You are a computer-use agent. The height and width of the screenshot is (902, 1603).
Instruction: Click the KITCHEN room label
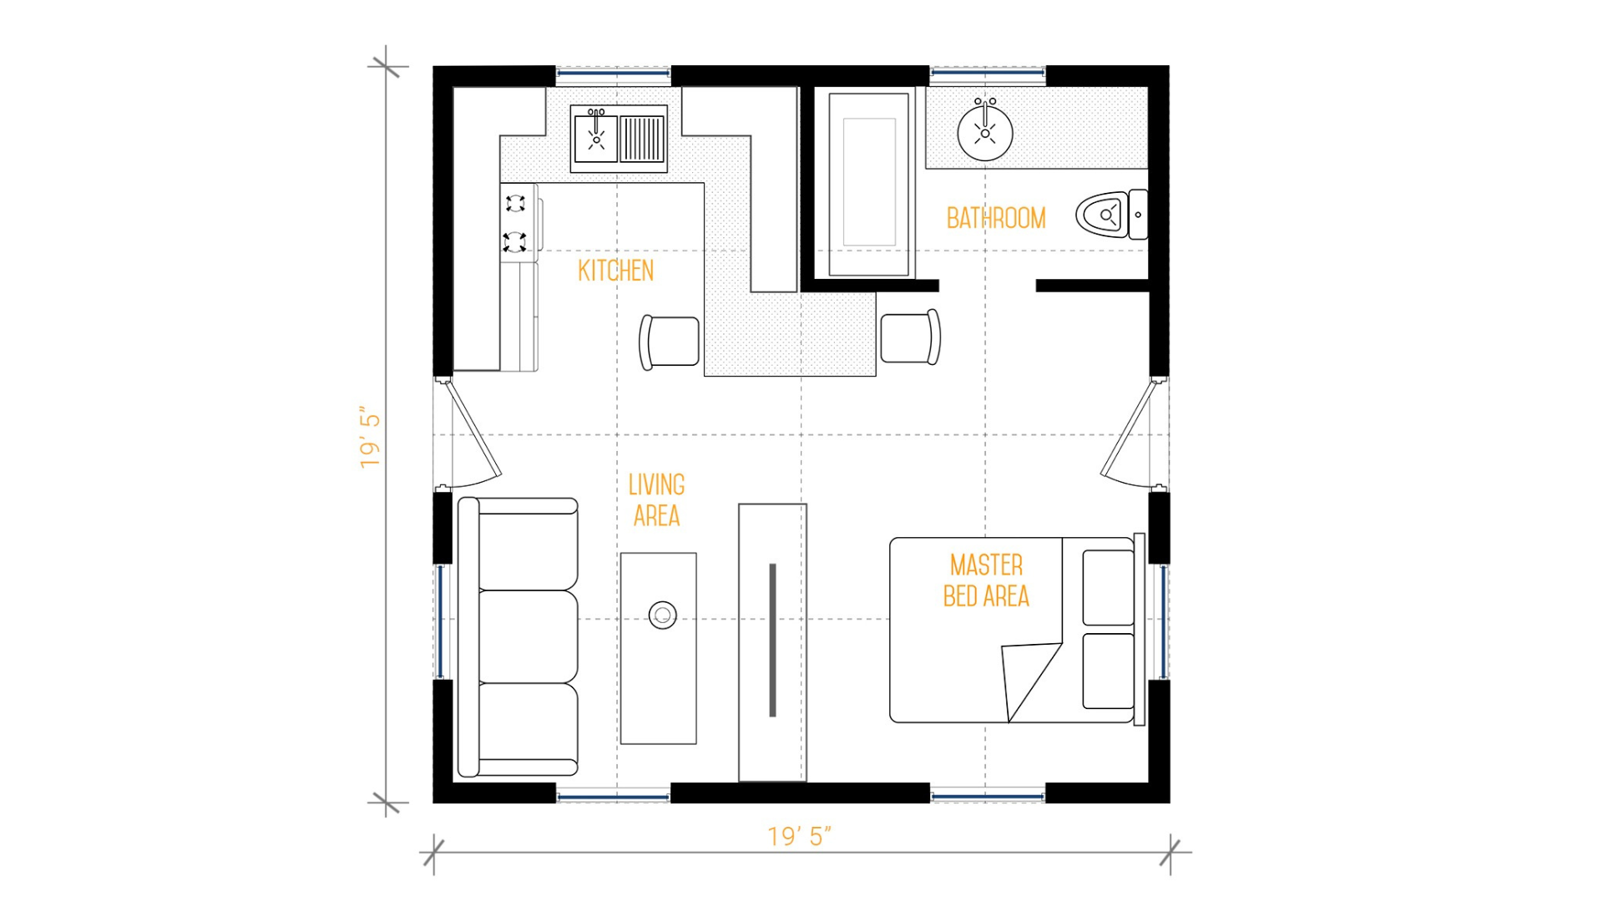[x=615, y=271]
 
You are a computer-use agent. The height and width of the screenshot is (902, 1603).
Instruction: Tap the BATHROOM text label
[x=995, y=219]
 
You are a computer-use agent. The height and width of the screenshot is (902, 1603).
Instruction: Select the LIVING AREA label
[x=656, y=500]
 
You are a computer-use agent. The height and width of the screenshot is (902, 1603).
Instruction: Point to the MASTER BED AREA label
[x=986, y=580]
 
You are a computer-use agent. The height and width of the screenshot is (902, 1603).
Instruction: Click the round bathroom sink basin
[x=985, y=133]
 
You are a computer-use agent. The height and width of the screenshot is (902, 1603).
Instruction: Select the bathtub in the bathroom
[x=869, y=184]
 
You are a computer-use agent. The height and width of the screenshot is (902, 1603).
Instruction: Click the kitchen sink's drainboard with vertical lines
[x=642, y=139]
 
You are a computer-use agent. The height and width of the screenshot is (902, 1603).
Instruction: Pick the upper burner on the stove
[x=515, y=203]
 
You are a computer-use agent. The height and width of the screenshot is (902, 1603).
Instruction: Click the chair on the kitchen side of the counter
[x=670, y=342]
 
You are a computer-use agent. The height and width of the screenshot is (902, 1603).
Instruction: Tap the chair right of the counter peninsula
[x=909, y=337]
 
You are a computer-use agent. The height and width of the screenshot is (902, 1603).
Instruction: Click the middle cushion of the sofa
[x=528, y=636]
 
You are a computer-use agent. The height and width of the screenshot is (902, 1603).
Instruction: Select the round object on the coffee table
[x=663, y=616]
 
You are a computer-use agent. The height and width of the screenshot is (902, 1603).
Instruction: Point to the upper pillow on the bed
[x=1108, y=587]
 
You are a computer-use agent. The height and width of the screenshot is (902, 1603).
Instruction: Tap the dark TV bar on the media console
[x=772, y=640]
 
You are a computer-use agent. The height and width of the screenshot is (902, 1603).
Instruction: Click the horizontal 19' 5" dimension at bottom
[x=799, y=836]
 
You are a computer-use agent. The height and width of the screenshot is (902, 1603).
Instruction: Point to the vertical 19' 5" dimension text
[x=370, y=438]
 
